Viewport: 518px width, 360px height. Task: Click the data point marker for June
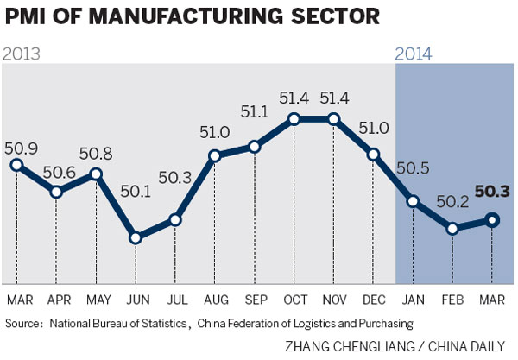(x=135, y=237)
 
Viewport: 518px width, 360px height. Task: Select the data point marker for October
(x=294, y=119)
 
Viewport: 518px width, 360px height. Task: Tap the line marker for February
(x=453, y=229)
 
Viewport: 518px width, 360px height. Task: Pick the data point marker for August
(x=215, y=156)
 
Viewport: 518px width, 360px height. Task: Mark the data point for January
(x=414, y=201)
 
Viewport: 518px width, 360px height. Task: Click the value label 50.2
(x=453, y=201)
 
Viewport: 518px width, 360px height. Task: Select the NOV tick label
(x=334, y=300)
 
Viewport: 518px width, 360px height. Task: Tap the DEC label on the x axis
(x=374, y=300)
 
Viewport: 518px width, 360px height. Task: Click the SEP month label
(x=255, y=300)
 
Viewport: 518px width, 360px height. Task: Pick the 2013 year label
(x=24, y=54)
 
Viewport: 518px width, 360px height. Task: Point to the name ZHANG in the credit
(x=310, y=345)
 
